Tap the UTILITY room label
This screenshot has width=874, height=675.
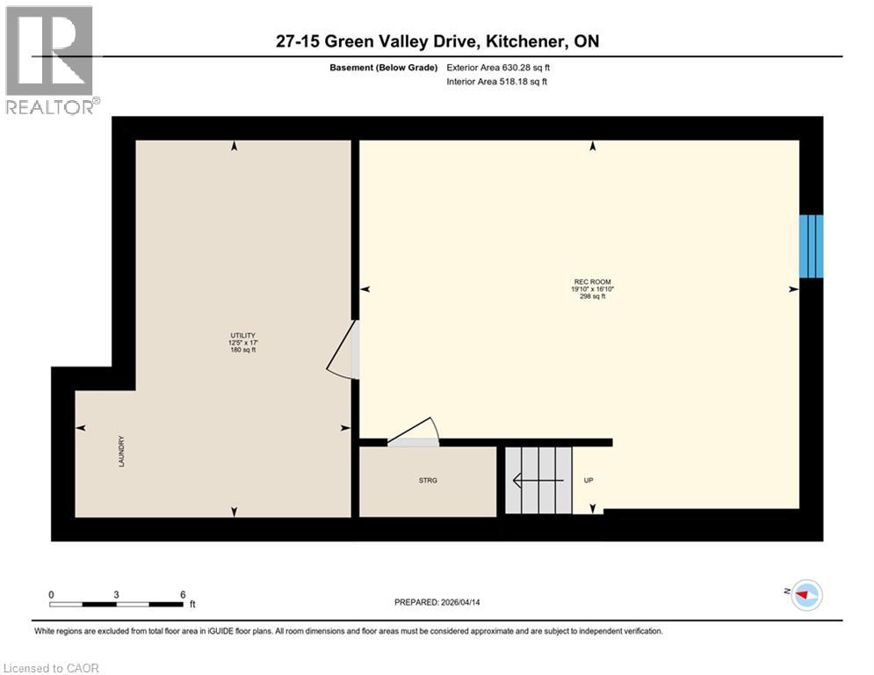pyautogui.click(x=242, y=335)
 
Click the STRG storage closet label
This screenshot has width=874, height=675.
pyautogui.click(x=428, y=480)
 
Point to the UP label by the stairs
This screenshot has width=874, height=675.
pyautogui.click(x=589, y=480)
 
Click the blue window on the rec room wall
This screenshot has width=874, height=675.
pyautogui.click(x=811, y=246)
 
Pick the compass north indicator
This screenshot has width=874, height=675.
pyautogui.click(x=805, y=595)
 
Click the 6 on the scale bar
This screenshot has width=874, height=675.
pyautogui.click(x=183, y=594)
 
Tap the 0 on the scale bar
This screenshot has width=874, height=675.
pyautogui.click(x=52, y=594)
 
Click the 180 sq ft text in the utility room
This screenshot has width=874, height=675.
pyautogui.click(x=242, y=350)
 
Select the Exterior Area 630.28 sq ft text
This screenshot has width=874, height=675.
pyautogui.click(x=498, y=67)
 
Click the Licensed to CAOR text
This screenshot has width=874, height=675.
pyautogui.click(x=52, y=668)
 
